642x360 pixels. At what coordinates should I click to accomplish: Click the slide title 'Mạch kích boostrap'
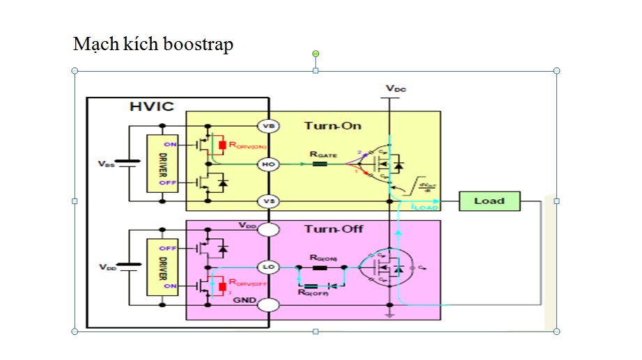click(152, 45)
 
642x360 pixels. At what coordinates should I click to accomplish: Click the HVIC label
click(152, 107)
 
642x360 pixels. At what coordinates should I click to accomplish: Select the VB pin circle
click(268, 126)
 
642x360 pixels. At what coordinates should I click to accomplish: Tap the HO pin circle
click(268, 164)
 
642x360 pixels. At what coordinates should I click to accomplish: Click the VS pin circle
click(268, 201)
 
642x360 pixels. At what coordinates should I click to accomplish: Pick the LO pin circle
click(268, 267)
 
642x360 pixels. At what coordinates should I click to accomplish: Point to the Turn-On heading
click(332, 125)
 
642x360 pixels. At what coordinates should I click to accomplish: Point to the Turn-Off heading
click(334, 228)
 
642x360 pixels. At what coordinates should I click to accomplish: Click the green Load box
click(490, 201)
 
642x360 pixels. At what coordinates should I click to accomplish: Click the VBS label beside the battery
click(107, 164)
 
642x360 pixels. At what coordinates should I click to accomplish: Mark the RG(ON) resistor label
click(323, 258)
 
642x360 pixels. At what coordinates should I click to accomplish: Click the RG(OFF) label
click(313, 293)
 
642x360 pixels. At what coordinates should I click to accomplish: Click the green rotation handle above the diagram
click(315, 54)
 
